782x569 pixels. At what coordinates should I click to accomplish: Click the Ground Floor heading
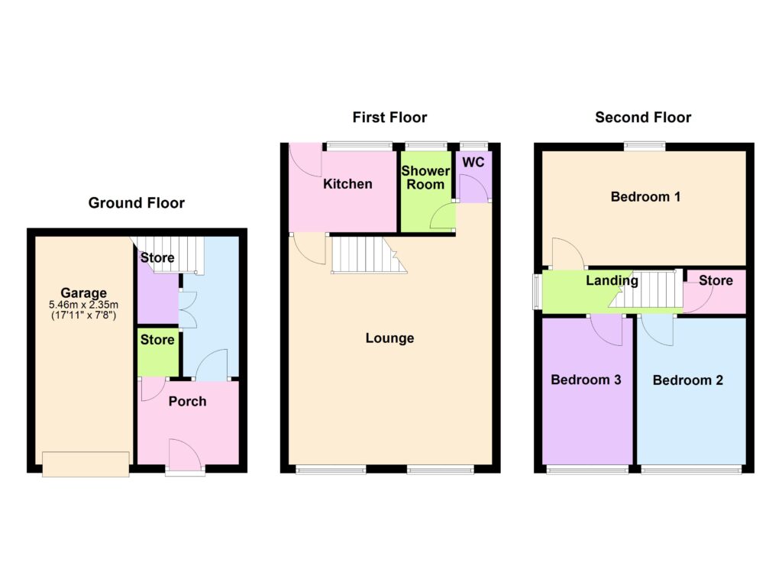136,203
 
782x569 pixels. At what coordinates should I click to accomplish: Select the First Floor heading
389,117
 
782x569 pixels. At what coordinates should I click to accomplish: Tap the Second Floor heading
643,117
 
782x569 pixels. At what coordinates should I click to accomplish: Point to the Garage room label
84,293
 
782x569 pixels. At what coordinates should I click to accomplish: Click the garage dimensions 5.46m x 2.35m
84,304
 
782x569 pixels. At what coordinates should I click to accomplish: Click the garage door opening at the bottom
86,464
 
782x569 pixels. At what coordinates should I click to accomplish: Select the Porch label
187,402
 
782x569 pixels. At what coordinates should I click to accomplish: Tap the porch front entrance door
186,454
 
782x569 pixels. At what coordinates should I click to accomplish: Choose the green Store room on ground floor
157,352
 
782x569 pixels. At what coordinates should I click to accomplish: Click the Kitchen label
347,184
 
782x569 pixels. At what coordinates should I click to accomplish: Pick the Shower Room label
425,177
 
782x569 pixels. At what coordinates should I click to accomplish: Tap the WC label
473,163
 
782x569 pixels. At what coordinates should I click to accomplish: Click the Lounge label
389,338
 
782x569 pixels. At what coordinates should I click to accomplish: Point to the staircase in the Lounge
369,255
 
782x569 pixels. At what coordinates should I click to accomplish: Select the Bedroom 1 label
645,196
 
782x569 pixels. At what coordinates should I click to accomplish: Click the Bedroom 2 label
688,380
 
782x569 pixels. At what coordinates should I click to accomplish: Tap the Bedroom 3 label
586,380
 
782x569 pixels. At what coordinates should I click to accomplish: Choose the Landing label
612,281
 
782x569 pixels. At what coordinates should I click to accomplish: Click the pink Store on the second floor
715,292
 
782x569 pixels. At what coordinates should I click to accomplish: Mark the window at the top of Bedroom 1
645,147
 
